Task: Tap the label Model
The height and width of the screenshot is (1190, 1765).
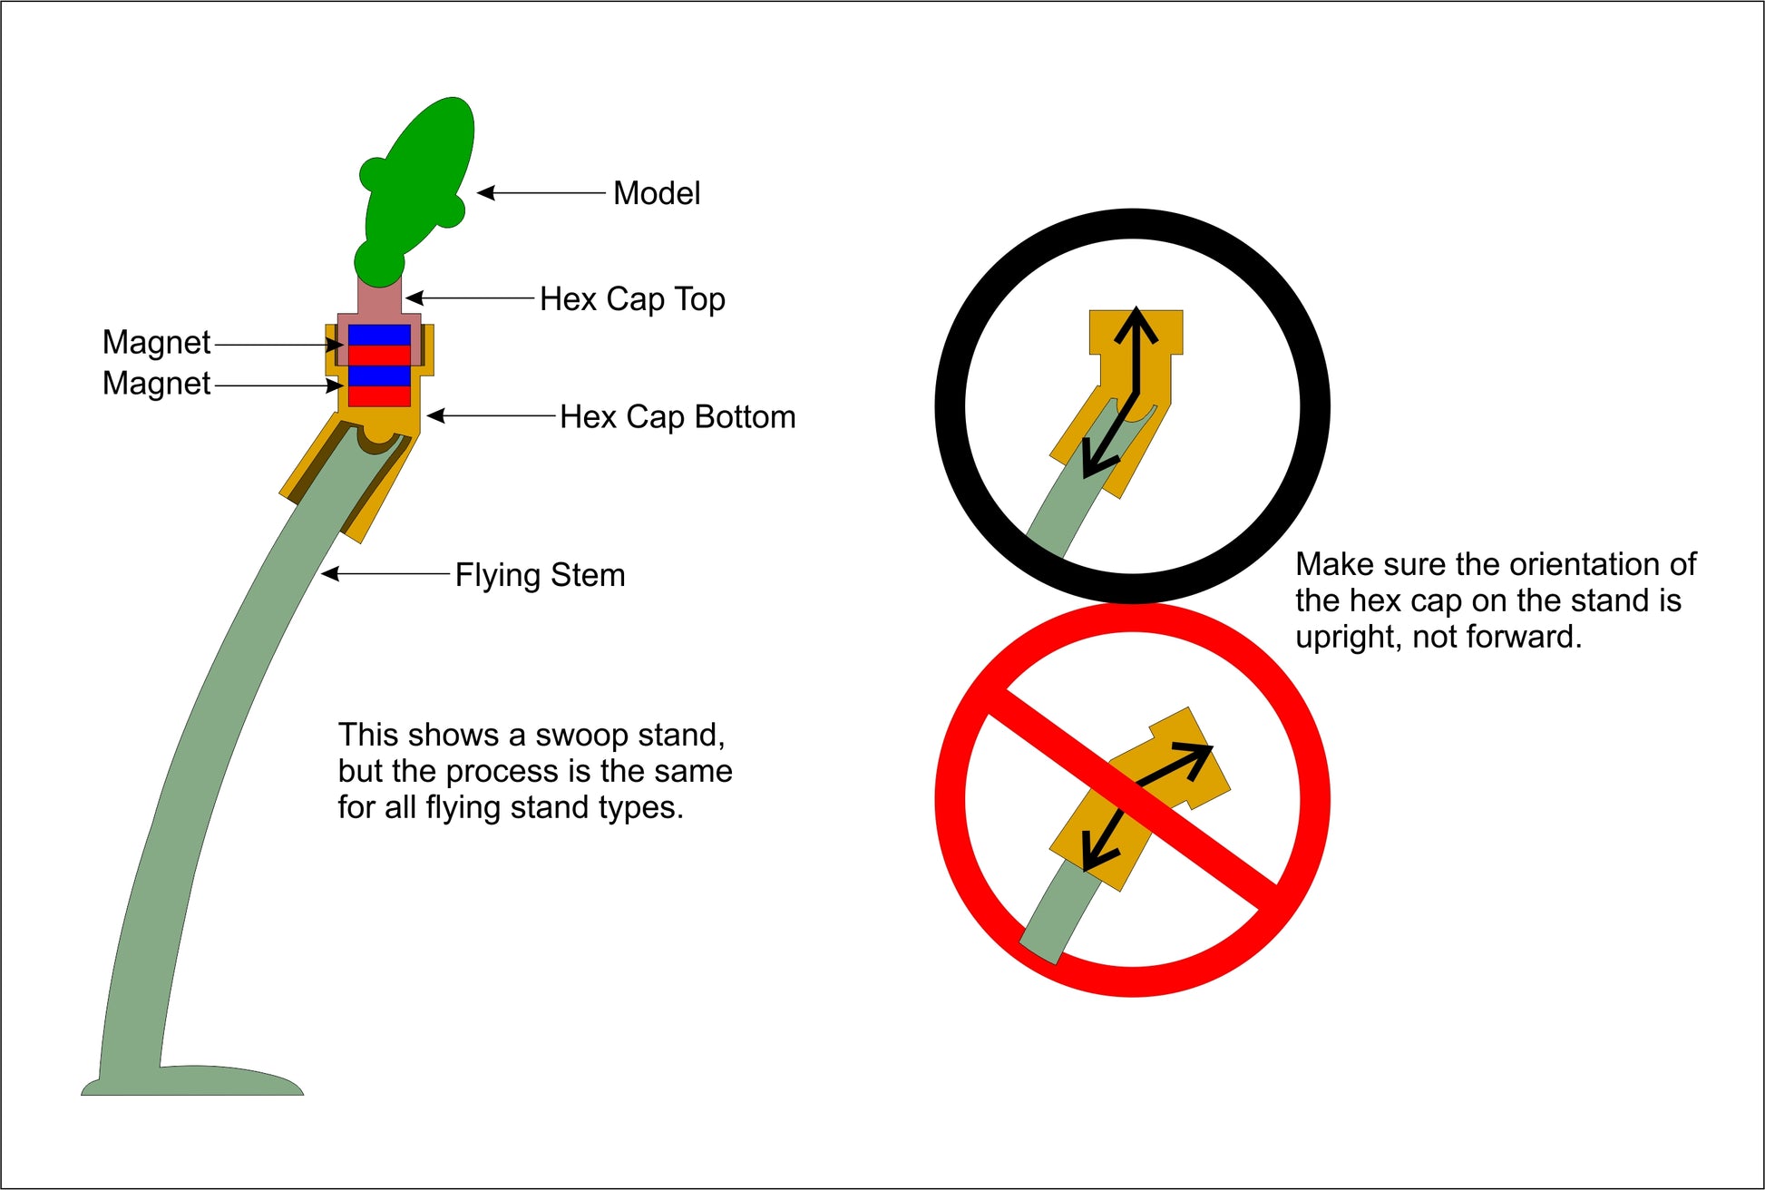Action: coord(657,193)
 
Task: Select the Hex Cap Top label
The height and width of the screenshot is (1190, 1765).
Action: coord(632,299)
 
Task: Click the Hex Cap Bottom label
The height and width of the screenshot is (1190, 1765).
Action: coord(678,416)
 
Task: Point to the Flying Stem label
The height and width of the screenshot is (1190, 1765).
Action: coord(540,575)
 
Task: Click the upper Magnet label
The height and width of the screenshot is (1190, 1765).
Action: coord(156,343)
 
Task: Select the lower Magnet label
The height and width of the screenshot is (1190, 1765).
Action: coord(156,384)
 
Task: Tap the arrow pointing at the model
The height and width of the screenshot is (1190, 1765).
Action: coord(541,192)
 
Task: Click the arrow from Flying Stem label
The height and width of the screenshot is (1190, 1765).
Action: coord(385,573)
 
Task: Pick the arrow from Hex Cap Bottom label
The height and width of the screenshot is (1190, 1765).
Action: coord(491,415)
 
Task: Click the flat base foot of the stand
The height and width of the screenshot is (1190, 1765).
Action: coord(192,1081)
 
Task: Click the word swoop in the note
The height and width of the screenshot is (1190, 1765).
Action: coord(578,735)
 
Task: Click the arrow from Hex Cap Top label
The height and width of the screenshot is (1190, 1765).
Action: coord(469,297)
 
